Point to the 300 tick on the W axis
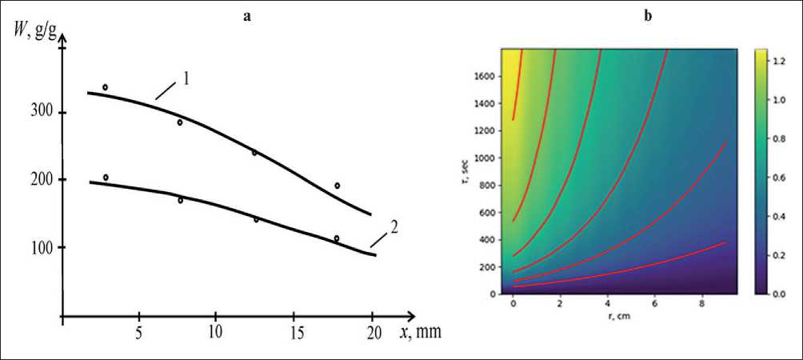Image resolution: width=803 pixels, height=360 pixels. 42,112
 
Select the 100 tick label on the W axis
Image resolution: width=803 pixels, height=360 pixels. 42,248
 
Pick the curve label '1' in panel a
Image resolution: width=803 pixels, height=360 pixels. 186,79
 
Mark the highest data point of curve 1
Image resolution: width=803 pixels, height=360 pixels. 105,87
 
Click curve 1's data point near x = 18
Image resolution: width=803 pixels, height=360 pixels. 338,186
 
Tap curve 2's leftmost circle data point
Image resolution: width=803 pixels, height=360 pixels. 105,178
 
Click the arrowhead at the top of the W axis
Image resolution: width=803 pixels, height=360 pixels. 62,40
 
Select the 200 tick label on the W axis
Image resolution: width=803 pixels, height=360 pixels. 42,180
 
